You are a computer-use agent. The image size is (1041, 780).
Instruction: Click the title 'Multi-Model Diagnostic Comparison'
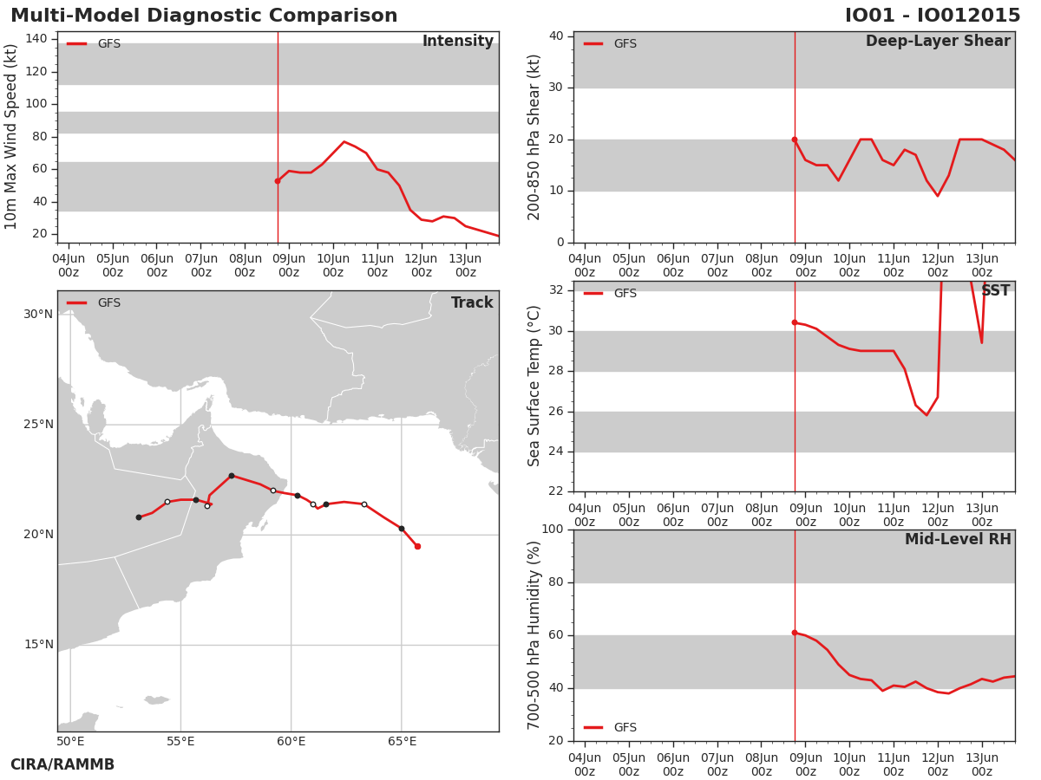click(204, 16)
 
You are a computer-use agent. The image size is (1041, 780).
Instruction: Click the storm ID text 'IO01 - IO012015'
click(933, 16)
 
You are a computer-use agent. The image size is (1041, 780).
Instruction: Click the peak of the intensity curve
click(344, 141)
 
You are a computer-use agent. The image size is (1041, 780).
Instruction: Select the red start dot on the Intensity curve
click(278, 181)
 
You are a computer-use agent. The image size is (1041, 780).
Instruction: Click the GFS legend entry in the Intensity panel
click(94, 43)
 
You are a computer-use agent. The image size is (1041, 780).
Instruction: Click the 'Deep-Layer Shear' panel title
click(938, 42)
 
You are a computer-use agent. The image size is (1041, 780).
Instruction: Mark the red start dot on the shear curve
click(795, 140)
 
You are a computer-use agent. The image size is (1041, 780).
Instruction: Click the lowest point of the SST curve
click(926, 415)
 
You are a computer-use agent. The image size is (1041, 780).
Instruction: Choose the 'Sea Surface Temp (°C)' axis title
click(534, 386)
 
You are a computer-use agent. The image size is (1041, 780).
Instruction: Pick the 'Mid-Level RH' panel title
click(958, 539)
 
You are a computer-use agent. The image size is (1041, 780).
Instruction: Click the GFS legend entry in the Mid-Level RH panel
click(610, 727)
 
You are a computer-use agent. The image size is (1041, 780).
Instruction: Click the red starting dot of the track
click(417, 547)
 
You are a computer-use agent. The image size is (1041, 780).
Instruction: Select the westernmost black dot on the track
click(139, 517)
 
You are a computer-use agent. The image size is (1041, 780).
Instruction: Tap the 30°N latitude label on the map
click(39, 314)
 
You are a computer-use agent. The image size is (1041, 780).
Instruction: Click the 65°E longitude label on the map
click(402, 741)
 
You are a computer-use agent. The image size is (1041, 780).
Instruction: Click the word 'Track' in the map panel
click(472, 302)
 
